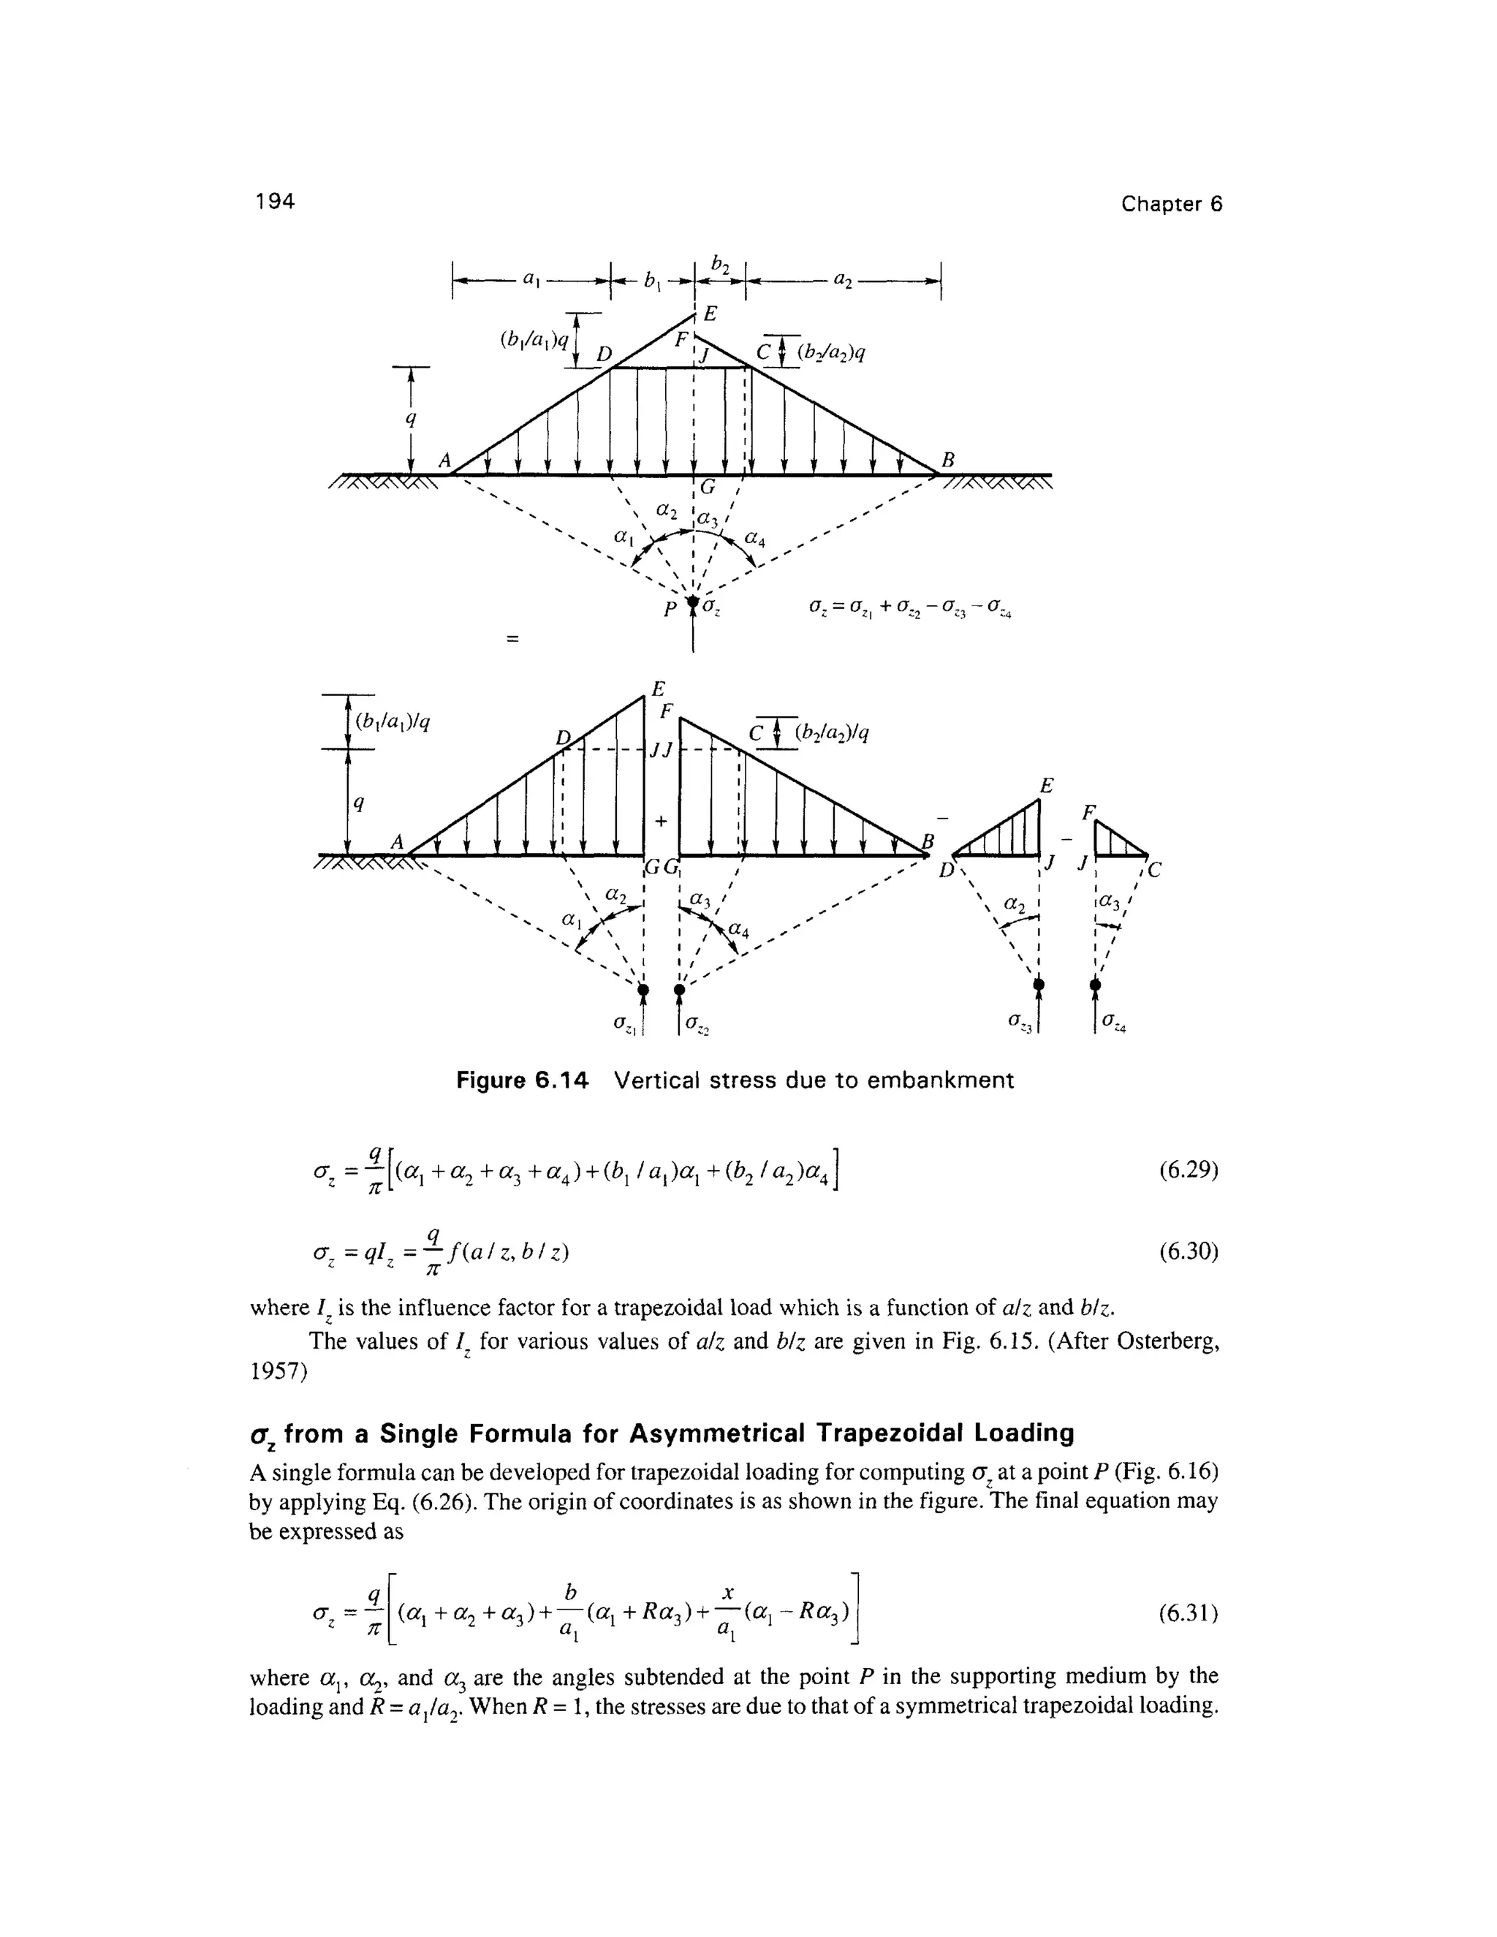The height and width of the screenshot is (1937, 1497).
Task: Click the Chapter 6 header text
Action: pos(1171,204)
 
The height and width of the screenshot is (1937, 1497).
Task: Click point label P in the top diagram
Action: pos(671,607)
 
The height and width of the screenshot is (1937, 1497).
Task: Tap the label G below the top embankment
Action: pos(707,487)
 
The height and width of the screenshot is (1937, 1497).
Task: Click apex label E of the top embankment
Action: pos(710,314)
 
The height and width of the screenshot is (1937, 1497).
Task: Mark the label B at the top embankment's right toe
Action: pos(947,460)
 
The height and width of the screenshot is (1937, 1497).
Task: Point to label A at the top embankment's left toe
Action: pos(445,460)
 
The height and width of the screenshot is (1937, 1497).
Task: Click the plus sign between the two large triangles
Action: pos(660,822)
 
